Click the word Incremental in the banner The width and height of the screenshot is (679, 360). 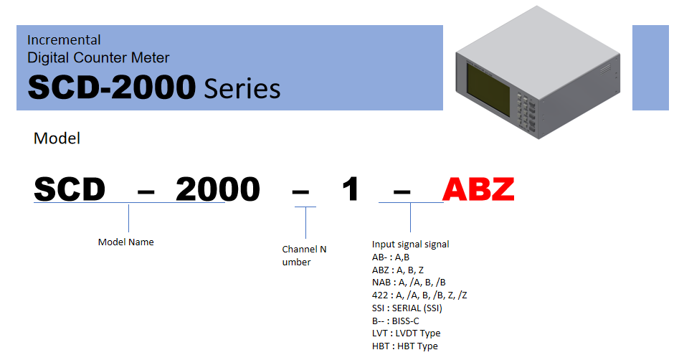tap(64, 40)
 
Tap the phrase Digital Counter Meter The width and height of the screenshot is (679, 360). tap(98, 57)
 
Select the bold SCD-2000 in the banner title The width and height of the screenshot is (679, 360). tap(112, 87)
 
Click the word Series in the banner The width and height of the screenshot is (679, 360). tap(242, 89)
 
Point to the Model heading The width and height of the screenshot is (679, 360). tap(57, 138)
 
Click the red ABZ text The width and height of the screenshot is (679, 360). tap(478, 189)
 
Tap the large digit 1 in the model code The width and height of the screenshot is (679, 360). tap(351, 189)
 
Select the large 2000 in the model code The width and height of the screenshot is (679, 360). tap(218, 189)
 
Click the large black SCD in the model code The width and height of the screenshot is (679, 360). tap(70, 189)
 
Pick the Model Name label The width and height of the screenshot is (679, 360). tap(125, 242)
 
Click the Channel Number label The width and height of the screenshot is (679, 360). tap(304, 255)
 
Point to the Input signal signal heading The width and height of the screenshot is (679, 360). tap(411, 245)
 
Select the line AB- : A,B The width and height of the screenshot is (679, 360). tap(391, 257)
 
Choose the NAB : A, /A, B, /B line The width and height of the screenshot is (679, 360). tap(409, 283)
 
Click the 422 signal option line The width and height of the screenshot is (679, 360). tap(419, 295)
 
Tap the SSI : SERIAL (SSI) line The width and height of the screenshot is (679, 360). tap(407, 308)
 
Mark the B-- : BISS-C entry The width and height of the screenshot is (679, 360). tap(395, 321)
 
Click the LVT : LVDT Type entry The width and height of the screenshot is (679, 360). tap(407, 333)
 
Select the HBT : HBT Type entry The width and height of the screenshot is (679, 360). tap(405, 346)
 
